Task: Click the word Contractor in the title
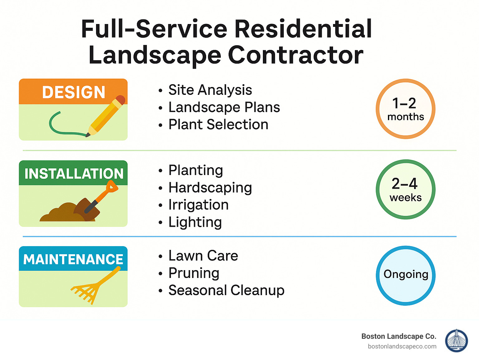pyautogui.click(x=296, y=55)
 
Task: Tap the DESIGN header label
pyautogui.click(x=74, y=92)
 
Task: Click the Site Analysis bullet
pyautogui.click(x=210, y=90)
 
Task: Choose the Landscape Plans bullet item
pyautogui.click(x=224, y=107)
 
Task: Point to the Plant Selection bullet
pyautogui.click(x=218, y=124)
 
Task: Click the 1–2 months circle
pyautogui.click(x=405, y=109)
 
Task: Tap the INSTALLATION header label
pyautogui.click(x=74, y=174)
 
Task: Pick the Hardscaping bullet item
pyautogui.click(x=210, y=188)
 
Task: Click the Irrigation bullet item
pyautogui.click(x=198, y=205)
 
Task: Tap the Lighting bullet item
pyautogui.click(x=195, y=222)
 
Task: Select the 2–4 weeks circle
pyautogui.click(x=405, y=189)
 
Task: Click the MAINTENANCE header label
pyautogui.click(x=73, y=259)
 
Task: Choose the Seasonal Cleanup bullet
pyautogui.click(x=226, y=290)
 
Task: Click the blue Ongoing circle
pyautogui.click(x=405, y=275)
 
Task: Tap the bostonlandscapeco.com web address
pyautogui.click(x=402, y=346)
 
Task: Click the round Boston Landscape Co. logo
pyautogui.click(x=457, y=341)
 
